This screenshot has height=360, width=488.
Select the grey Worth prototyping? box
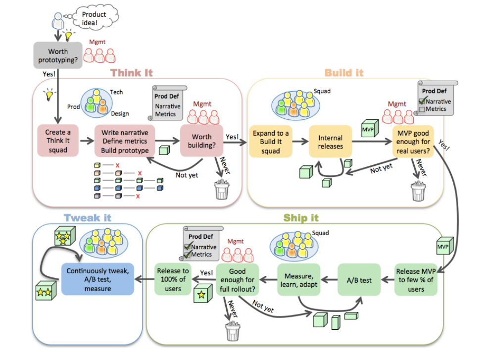tap(58, 55)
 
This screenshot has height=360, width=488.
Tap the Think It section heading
tap(132, 73)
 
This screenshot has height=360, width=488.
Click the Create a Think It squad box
tap(58, 141)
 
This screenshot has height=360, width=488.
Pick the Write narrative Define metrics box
tap(125, 141)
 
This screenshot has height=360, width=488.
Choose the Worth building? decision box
tap(201, 141)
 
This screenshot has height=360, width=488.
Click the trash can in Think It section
tap(221, 190)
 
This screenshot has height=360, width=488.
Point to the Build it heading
tap(344, 73)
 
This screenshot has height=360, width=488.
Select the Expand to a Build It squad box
tap(270, 142)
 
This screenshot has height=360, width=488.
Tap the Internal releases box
tap(330, 142)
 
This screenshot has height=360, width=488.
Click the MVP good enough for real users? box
tap(412, 142)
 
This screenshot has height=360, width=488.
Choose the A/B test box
tap(359, 280)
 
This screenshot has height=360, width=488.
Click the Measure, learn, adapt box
tap(298, 280)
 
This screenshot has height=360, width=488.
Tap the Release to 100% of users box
tap(173, 280)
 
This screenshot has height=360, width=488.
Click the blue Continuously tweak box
tap(97, 279)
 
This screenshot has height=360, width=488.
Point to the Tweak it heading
tap(87, 218)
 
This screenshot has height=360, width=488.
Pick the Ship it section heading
tap(301, 218)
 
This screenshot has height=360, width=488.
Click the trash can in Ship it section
tap(232, 330)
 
